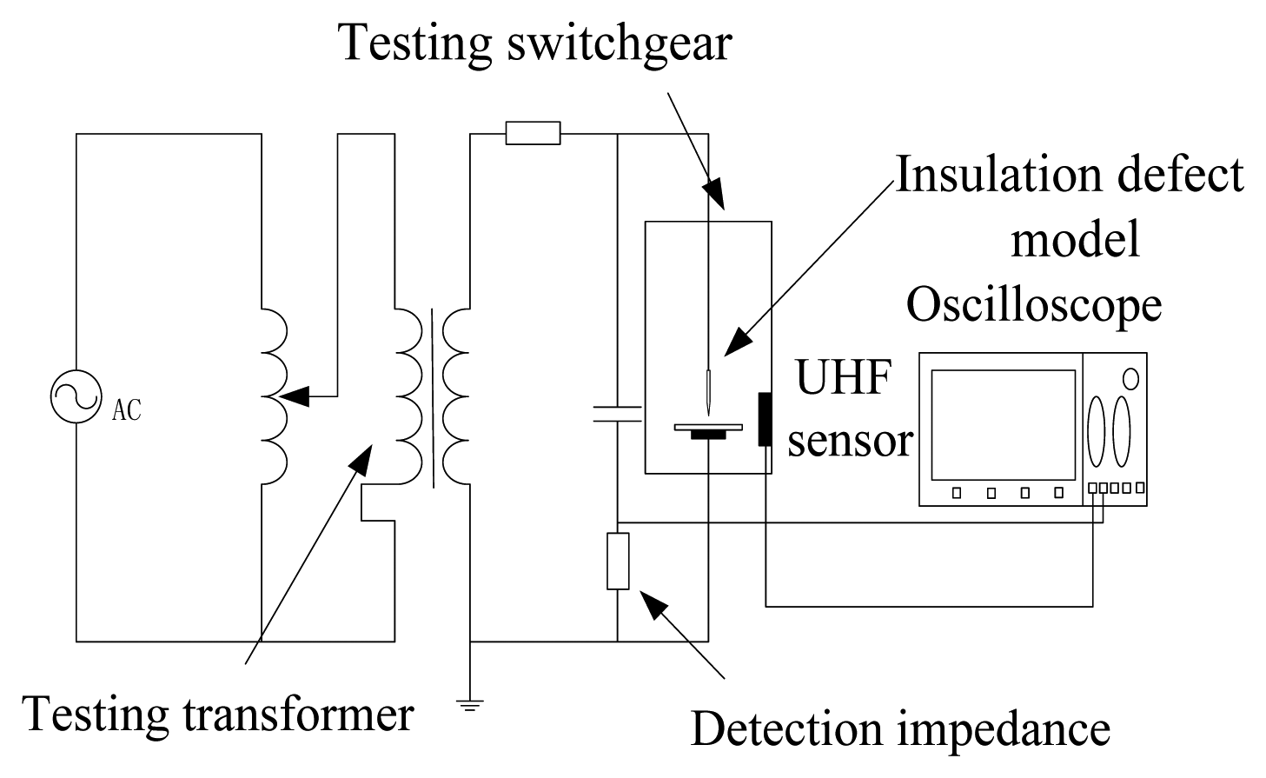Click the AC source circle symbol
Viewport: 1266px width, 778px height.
76,397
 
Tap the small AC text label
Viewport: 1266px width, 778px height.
127,409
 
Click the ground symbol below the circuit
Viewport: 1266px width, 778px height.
470,704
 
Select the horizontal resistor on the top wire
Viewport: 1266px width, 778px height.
533,134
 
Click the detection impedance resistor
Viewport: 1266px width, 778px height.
617,562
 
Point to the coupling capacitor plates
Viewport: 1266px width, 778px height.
617,413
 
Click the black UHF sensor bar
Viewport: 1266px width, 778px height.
765,419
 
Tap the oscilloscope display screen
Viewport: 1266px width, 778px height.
1002,424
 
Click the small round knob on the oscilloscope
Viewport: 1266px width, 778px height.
1130,379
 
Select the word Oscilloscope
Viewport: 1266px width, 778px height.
1034,306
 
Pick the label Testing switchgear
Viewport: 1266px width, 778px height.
535,42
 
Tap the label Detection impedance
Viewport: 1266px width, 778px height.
899,728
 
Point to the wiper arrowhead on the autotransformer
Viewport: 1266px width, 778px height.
295,396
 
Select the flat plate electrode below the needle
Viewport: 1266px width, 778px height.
708,427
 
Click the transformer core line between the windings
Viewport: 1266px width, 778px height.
432,398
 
